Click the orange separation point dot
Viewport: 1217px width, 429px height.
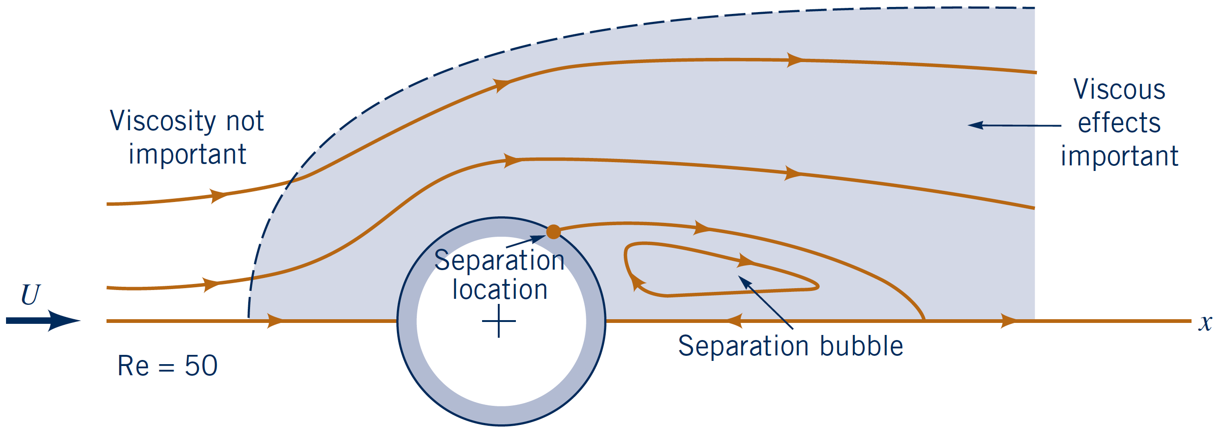click(x=553, y=232)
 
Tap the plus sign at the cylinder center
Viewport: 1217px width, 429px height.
click(x=499, y=321)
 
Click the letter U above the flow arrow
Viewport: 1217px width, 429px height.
click(x=31, y=295)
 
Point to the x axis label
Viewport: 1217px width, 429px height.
click(x=1205, y=323)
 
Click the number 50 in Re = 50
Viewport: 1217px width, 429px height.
click(x=201, y=366)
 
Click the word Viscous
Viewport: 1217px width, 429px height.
click(x=1119, y=89)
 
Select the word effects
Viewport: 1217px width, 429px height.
click(x=1119, y=123)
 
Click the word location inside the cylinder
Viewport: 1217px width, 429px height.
click(x=500, y=290)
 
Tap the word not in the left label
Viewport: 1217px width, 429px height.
click(x=245, y=121)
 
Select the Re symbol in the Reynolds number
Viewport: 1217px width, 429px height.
click(x=133, y=366)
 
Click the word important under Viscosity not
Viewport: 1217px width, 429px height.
click(x=187, y=154)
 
